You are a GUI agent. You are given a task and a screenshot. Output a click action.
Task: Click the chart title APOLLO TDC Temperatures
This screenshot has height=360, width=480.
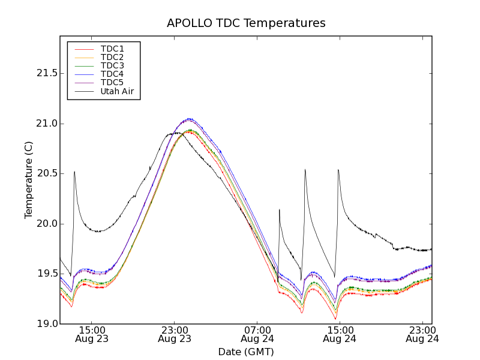(x=246, y=23)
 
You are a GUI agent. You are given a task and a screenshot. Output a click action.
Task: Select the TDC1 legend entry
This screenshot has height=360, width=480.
(x=112, y=49)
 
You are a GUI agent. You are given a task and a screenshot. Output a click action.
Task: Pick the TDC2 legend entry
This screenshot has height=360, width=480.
(x=112, y=57)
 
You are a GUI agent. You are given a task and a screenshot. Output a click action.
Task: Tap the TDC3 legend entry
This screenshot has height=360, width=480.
(x=112, y=65)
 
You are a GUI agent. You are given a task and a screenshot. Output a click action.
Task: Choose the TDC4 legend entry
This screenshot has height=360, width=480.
(x=112, y=74)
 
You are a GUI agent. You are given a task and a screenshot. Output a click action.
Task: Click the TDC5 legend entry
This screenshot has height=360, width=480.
(x=112, y=83)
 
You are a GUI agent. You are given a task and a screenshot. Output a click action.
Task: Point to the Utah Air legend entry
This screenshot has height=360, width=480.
(x=116, y=92)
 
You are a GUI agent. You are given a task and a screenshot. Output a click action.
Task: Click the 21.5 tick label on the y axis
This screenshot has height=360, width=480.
(x=44, y=73)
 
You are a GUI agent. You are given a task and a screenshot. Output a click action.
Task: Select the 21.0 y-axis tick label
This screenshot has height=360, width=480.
(x=44, y=124)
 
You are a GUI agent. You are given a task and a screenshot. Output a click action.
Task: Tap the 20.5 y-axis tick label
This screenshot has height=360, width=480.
(x=44, y=173)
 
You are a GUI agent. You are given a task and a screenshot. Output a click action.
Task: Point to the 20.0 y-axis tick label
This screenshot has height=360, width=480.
(x=44, y=224)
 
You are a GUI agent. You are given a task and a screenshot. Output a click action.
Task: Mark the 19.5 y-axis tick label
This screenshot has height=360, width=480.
(x=44, y=274)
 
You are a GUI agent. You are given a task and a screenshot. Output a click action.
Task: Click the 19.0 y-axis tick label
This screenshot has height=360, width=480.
(x=44, y=324)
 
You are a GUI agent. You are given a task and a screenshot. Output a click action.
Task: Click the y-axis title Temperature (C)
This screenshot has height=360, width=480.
(x=29, y=180)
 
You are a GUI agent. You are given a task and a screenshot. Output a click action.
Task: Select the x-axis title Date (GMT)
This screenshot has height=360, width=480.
(x=246, y=352)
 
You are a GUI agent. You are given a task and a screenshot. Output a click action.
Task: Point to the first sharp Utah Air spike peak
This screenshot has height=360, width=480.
(x=74, y=172)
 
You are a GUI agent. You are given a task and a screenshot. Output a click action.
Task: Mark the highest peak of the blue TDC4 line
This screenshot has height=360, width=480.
(x=190, y=118)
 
